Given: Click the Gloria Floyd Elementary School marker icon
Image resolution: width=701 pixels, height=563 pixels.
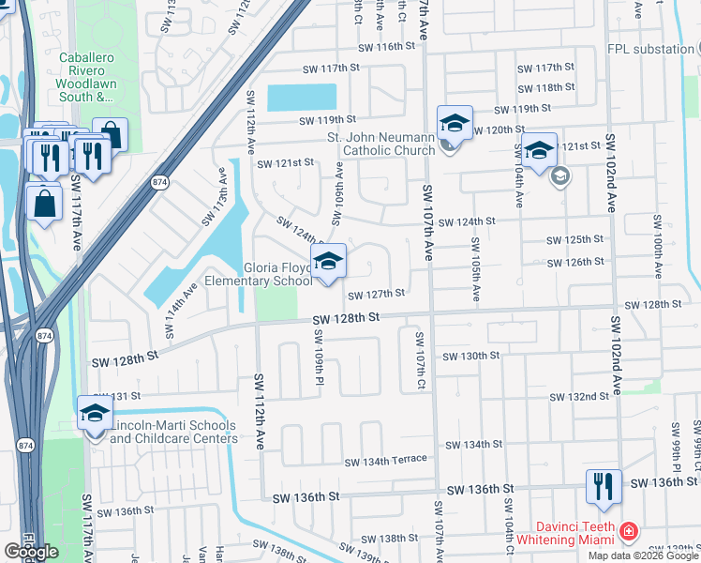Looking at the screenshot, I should tap(328, 264).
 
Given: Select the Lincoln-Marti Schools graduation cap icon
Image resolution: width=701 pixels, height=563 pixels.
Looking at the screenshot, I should tap(95, 414).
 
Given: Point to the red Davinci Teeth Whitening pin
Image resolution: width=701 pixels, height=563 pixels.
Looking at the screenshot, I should tap(629, 533).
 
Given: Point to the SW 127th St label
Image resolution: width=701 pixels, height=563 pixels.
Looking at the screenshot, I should tap(376, 295).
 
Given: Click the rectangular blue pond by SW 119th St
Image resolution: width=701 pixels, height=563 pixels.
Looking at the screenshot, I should tap(301, 98).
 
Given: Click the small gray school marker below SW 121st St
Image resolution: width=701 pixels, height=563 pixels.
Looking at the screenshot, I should tap(560, 176).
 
